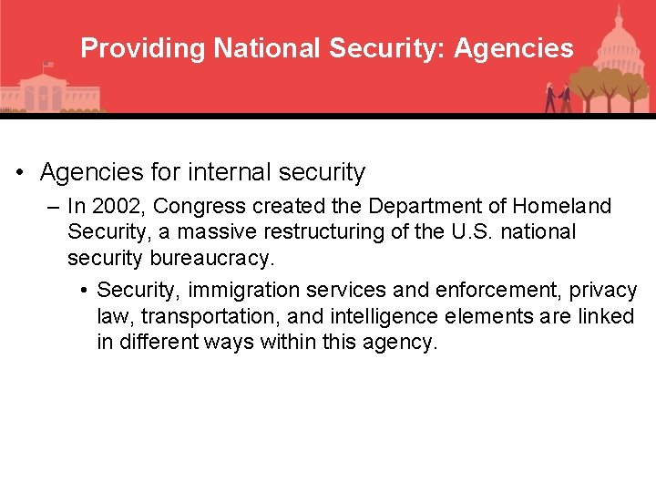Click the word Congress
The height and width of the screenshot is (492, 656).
186,207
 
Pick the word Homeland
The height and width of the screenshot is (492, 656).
563,207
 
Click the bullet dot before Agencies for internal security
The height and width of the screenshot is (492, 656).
19,173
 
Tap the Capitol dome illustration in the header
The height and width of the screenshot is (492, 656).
618,36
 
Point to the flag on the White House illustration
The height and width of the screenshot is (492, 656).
47,66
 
